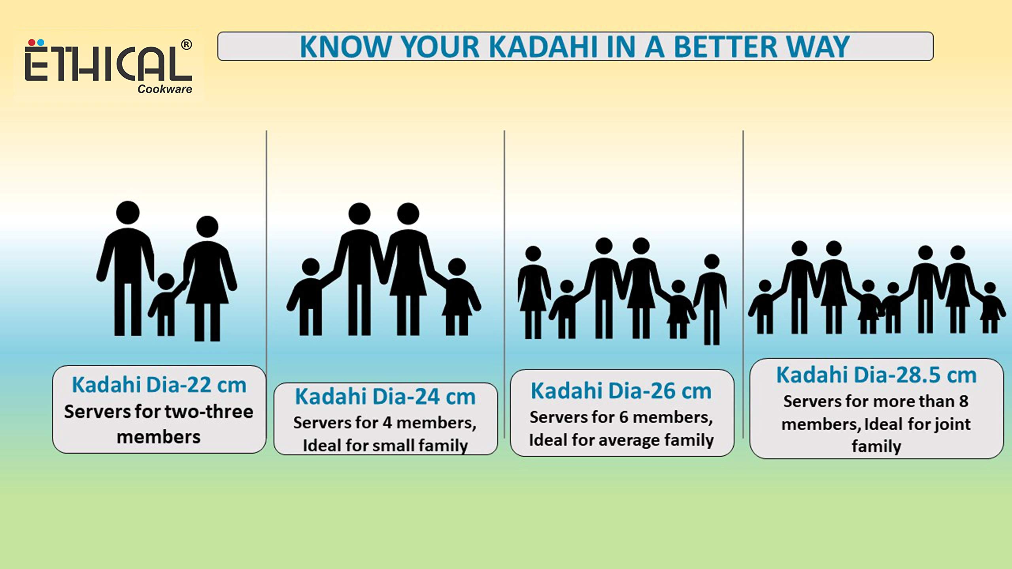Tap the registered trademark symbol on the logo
[186, 44]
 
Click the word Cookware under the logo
[164, 89]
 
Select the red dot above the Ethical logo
[32, 42]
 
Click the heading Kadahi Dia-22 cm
[159, 385]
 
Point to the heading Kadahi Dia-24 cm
[385, 396]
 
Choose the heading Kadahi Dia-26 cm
[621, 391]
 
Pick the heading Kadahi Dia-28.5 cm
[876, 375]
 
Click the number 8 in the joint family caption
[963, 401]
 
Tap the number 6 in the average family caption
[623, 417]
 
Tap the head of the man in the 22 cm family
[128, 213]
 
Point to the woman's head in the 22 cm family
[207, 227]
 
